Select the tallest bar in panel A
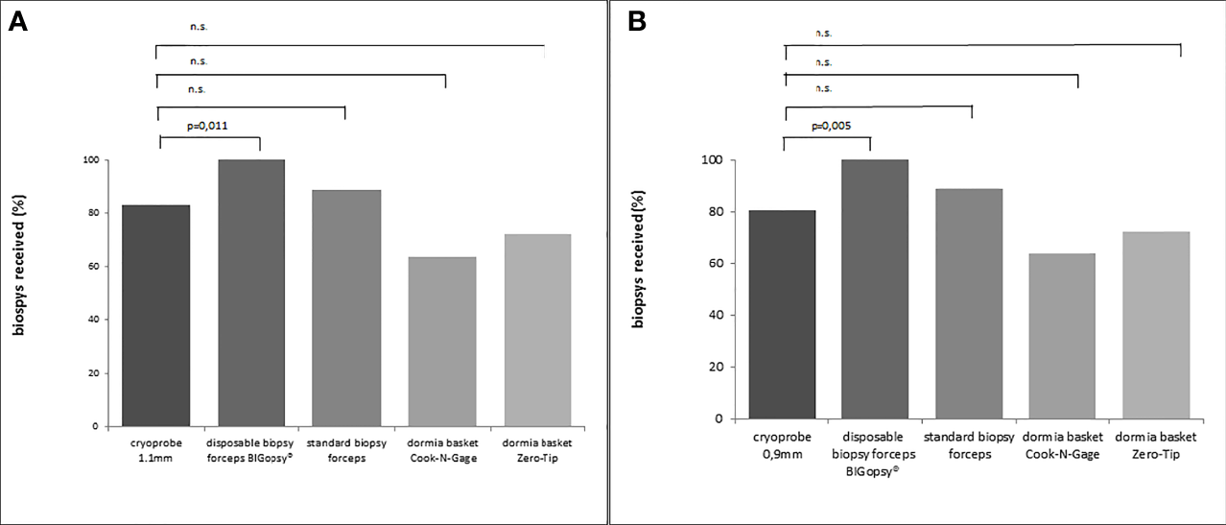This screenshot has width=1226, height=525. tap(251, 293)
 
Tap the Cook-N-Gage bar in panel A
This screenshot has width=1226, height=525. tap(441, 341)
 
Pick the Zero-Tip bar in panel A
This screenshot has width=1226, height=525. tap(537, 329)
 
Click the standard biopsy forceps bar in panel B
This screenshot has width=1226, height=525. tap(968, 303)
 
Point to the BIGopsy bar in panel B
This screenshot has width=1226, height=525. tap(875, 289)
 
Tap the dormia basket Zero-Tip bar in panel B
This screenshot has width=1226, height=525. tap(1155, 324)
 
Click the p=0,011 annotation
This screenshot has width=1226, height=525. tap(204, 125)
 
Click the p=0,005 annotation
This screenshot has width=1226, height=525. tap(832, 126)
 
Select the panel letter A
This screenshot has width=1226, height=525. tap(17, 22)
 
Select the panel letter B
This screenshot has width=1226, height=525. tap(636, 22)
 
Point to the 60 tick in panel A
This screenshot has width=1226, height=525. tap(92, 266)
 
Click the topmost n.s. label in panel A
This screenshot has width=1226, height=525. tap(198, 27)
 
